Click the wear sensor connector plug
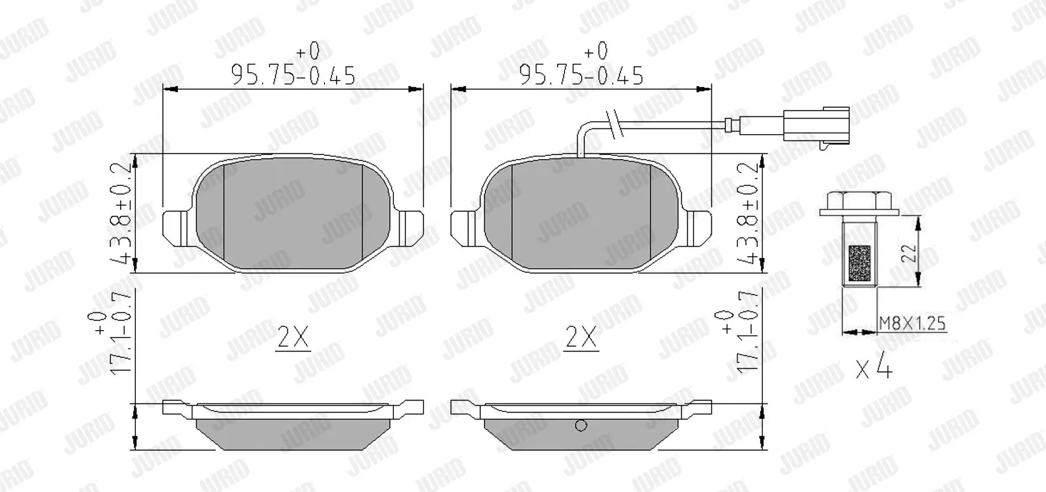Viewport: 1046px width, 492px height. (x=816, y=125)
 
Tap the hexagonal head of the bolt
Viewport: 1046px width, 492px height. (x=859, y=200)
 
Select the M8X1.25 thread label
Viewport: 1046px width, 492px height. (x=912, y=323)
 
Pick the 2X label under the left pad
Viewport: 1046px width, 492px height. (x=293, y=338)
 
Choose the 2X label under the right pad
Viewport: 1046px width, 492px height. (x=581, y=338)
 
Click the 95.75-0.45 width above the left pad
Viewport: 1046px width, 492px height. (x=293, y=74)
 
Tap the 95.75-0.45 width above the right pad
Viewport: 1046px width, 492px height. (x=581, y=74)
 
